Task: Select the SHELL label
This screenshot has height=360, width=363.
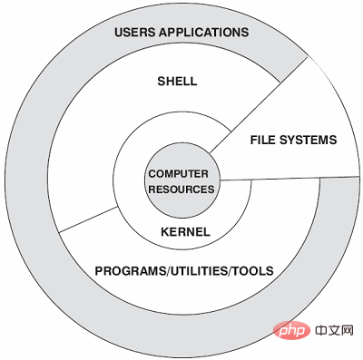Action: pos(177,81)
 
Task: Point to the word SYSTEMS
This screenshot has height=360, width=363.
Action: pos(308,140)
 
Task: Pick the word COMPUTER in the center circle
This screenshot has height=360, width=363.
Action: pos(179,174)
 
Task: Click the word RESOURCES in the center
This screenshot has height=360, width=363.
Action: pos(181,190)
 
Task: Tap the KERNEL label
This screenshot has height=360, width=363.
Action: pos(185,232)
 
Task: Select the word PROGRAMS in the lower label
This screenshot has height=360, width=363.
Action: pos(131,270)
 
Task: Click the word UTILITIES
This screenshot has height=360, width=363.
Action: pos(199,270)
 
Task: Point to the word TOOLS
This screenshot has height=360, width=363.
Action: pos(252,270)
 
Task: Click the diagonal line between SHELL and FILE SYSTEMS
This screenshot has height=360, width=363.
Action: pos(259,104)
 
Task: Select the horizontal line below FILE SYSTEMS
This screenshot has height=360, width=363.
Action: pos(289,178)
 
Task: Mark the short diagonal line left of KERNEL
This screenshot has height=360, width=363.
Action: pos(88,219)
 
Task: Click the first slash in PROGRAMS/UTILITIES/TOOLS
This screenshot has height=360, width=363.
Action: pos(169,270)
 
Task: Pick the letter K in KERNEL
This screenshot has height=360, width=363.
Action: pos(165,232)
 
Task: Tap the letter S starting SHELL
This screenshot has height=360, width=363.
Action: pos(162,81)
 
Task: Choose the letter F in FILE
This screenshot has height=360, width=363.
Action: pos(254,140)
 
